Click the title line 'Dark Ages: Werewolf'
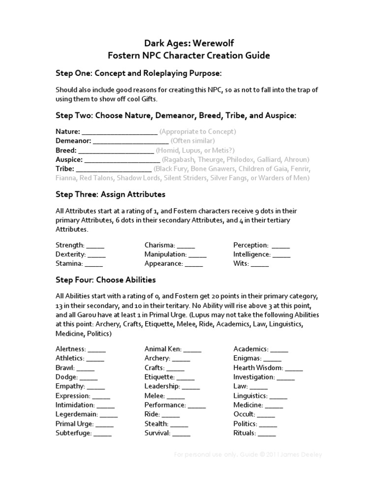pos(189,44)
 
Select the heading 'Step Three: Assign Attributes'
pos(110,194)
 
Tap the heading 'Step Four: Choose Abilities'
pos(106,280)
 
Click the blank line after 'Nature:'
pos(120,132)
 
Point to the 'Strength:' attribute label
pos(70,245)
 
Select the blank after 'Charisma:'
pos(186,246)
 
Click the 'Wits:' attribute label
pos(241,264)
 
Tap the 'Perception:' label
pos(251,245)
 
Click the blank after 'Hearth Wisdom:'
pos(294,368)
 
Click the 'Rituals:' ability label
pos(245,433)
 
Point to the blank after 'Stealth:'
pos(179,424)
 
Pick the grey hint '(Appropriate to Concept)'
pos(198,132)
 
